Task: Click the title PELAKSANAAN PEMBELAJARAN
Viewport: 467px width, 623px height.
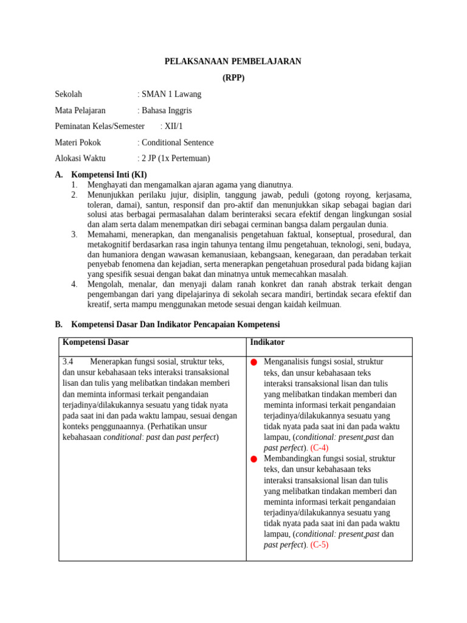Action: [x=233, y=61]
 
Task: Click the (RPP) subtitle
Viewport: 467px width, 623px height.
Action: [x=233, y=78]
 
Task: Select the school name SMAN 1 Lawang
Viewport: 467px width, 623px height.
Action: [x=171, y=94]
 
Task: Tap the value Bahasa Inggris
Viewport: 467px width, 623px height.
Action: [x=167, y=110]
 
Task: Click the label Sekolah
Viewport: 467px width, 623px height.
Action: [x=68, y=94]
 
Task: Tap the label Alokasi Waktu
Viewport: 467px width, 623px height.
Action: [x=80, y=158]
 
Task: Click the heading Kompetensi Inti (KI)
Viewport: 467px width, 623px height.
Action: [x=109, y=175]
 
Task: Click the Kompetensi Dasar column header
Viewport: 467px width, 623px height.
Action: [x=95, y=343]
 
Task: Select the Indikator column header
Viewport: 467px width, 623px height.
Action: [x=267, y=343]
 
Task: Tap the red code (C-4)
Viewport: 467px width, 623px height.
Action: [x=319, y=448]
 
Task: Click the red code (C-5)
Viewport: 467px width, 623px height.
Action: [x=319, y=545]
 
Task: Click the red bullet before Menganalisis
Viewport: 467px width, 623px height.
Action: [x=254, y=363]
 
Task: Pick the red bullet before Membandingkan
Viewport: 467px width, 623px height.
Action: [x=254, y=459]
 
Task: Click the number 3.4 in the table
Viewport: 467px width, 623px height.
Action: [x=68, y=361]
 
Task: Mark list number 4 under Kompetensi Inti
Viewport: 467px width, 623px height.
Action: [x=74, y=284]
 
